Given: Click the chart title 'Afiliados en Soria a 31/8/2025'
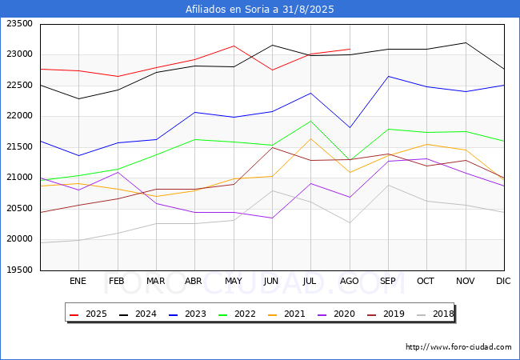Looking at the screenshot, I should pos(260,10).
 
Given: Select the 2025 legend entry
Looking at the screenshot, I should pos(90,314).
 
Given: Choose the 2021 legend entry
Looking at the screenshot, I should pos(289,314).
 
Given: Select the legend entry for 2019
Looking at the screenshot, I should pos(389,314).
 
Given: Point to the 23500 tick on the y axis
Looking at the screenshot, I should pos(19,24).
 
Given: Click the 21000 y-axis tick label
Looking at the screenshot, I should pos(19,178).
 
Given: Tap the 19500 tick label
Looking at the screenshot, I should pos(19,270).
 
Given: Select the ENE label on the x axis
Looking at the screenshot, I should pos(78,282).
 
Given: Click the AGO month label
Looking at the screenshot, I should pos(350,282).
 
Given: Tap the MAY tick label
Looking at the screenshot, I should pos(234,282).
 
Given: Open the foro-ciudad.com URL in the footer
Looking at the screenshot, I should pos(458,347).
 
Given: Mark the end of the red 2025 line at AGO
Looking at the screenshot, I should pos(350,49).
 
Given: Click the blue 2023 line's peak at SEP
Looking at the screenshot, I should pos(388,76).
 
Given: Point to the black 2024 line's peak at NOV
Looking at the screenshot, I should pos(466,42).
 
